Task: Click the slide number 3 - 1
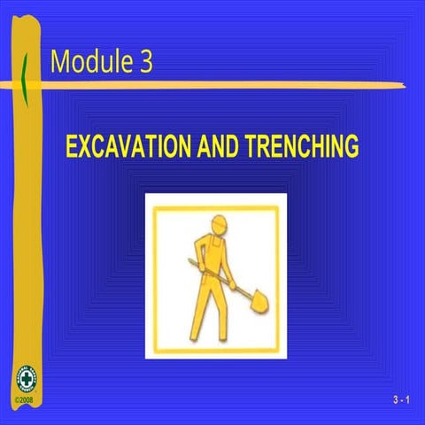[x=402, y=401]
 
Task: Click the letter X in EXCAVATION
[x=86, y=147]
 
